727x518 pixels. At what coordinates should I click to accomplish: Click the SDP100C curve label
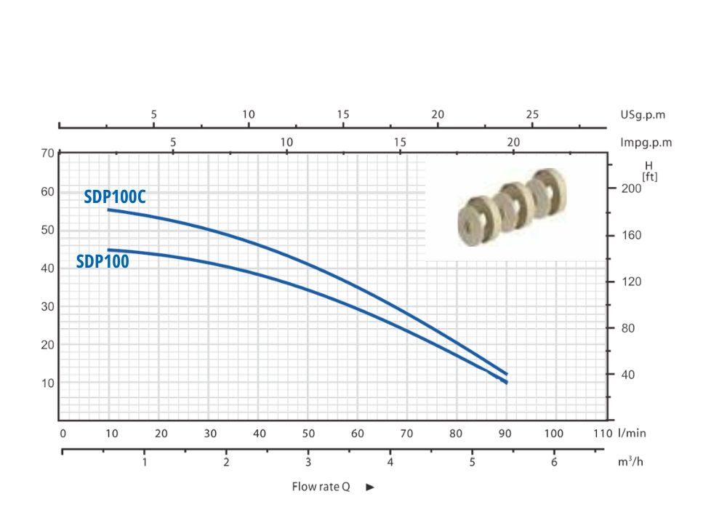pyautogui.click(x=115, y=197)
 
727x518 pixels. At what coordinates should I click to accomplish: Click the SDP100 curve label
pyautogui.click(x=103, y=261)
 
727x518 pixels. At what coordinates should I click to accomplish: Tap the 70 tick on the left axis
pyautogui.click(x=48, y=154)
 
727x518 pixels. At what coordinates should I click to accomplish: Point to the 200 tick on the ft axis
pyautogui.click(x=631, y=188)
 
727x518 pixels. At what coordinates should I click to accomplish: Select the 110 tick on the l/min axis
pyautogui.click(x=603, y=434)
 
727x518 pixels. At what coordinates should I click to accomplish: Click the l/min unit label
pyautogui.click(x=632, y=433)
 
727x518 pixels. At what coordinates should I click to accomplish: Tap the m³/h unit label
pyautogui.click(x=630, y=461)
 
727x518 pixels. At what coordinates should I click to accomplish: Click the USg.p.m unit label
pyautogui.click(x=643, y=115)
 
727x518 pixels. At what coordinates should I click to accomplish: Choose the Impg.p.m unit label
pyautogui.click(x=646, y=143)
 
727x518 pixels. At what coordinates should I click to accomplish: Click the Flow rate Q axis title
pyautogui.click(x=321, y=487)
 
